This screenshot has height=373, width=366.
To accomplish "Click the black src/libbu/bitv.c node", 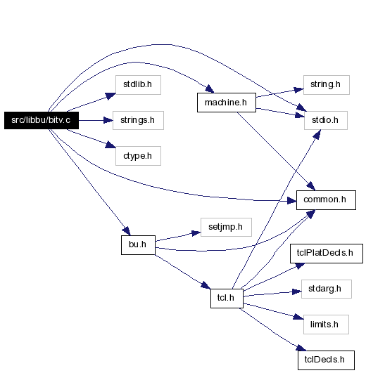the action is (x=42, y=120).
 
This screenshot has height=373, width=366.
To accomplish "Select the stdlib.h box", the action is (x=138, y=85).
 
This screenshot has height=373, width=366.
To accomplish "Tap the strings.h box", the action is (x=138, y=120).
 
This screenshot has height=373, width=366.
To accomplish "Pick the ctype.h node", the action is (x=138, y=156).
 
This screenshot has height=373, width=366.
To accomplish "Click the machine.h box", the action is (x=227, y=103).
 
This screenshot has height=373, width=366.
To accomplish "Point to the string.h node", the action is (x=327, y=85).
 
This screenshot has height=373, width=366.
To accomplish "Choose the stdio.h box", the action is (x=326, y=120).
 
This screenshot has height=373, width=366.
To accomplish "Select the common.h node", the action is (x=326, y=200).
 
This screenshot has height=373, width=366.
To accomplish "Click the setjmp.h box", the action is (x=226, y=227).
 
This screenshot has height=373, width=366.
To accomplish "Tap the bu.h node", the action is (x=138, y=245).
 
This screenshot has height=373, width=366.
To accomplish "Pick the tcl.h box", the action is (x=227, y=299).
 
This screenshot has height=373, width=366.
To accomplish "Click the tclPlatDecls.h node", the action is (x=327, y=254).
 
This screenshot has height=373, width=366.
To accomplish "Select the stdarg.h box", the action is (x=327, y=289).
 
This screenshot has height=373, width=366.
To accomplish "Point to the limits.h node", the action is (x=326, y=325).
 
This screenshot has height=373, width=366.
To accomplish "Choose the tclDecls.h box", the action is (x=326, y=360).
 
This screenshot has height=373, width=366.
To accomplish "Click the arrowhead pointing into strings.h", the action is (x=108, y=120).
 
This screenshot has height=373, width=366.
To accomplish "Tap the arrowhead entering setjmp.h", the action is (x=196, y=233).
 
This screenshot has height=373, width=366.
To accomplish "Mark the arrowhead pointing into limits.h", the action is (x=299, y=317).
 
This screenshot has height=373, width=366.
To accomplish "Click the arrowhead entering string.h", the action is (x=299, y=90).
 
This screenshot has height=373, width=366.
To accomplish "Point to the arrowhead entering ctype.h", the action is (x=111, y=145).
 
